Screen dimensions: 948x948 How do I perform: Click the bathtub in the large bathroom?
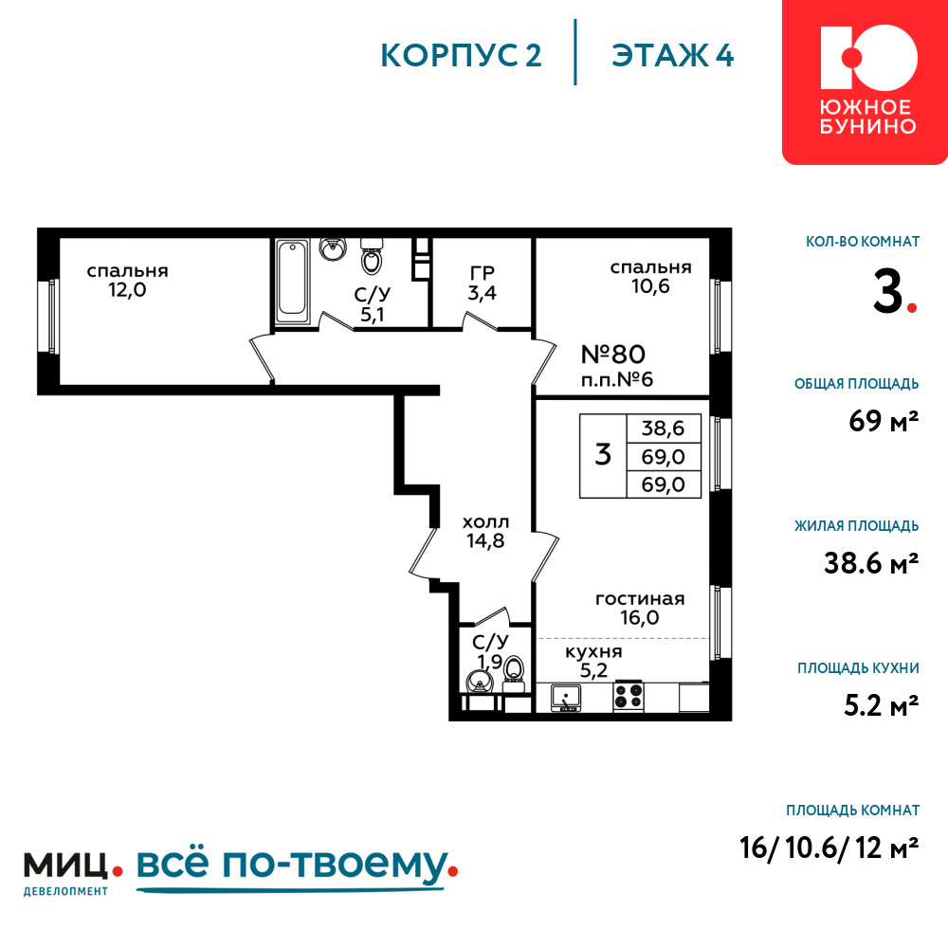[x=293, y=281]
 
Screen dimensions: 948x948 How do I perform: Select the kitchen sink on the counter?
[x=566, y=697]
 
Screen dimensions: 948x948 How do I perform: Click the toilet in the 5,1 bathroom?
[x=372, y=256]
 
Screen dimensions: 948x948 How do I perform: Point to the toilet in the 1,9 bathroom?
[x=514, y=671]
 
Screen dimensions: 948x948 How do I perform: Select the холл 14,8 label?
[x=485, y=532]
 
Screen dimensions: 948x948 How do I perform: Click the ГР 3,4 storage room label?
[x=482, y=283]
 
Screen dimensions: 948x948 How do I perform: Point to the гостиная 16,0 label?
[x=640, y=609]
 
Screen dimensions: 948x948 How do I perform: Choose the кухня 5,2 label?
[x=593, y=661]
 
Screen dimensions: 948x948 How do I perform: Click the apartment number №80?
[x=613, y=355]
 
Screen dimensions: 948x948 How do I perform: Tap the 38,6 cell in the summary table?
[x=664, y=428]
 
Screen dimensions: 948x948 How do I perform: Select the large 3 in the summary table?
[x=603, y=455]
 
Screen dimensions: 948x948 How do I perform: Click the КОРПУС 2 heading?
[x=461, y=56]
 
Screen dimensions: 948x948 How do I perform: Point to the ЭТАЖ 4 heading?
[x=672, y=56]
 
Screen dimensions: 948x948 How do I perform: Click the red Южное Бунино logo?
[x=866, y=82]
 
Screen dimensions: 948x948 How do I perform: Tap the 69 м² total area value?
[x=884, y=421]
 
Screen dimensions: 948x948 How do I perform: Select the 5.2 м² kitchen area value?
[x=882, y=705]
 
